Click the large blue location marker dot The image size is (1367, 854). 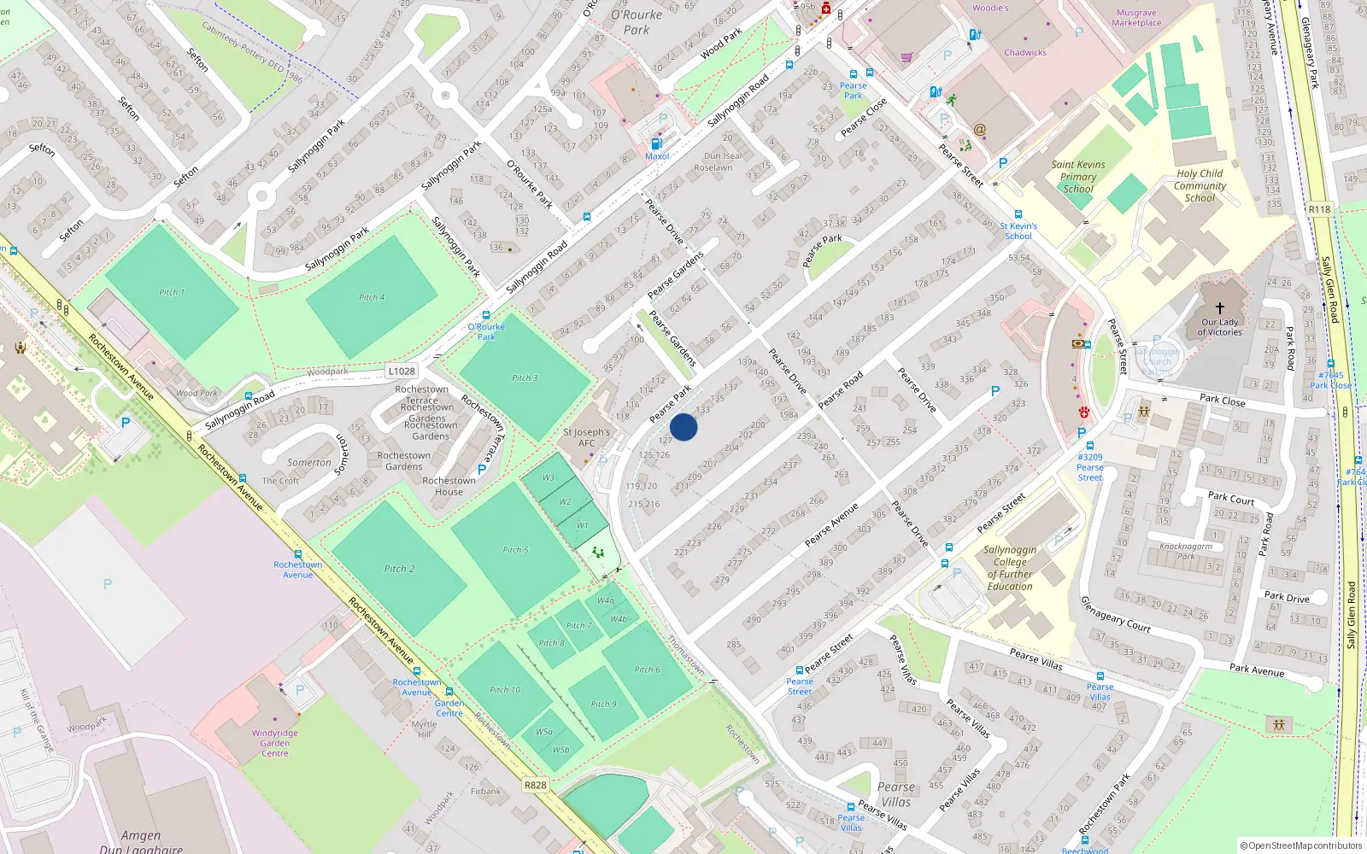(x=683, y=427)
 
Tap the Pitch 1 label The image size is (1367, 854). (x=172, y=292)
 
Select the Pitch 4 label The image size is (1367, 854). (x=372, y=297)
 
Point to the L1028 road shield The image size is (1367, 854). (x=402, y=371)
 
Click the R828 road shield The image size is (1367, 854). (x=536, y=785)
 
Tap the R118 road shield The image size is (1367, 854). (x=1319, y=209)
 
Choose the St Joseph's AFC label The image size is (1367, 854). (x=586, y=437)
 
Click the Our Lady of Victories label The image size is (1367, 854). (x=1219, y=327)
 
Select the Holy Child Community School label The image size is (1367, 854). (x=1200, y=185)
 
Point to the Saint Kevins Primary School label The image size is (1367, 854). (x=1078, y=177)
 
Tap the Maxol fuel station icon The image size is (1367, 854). (x=656, y=144)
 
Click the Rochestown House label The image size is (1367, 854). (x=449, y=486)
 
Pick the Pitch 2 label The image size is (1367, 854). (x=399, y=569)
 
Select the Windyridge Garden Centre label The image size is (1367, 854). (x=275, y=743)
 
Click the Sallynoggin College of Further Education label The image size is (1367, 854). (x=1010, y=568)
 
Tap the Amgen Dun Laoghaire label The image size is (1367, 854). (x=141, y=842)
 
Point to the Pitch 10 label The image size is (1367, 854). (x=505, y=689)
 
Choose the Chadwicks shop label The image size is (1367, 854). (x=1025, y=52)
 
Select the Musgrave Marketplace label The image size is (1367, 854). (x=1136, y=18)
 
